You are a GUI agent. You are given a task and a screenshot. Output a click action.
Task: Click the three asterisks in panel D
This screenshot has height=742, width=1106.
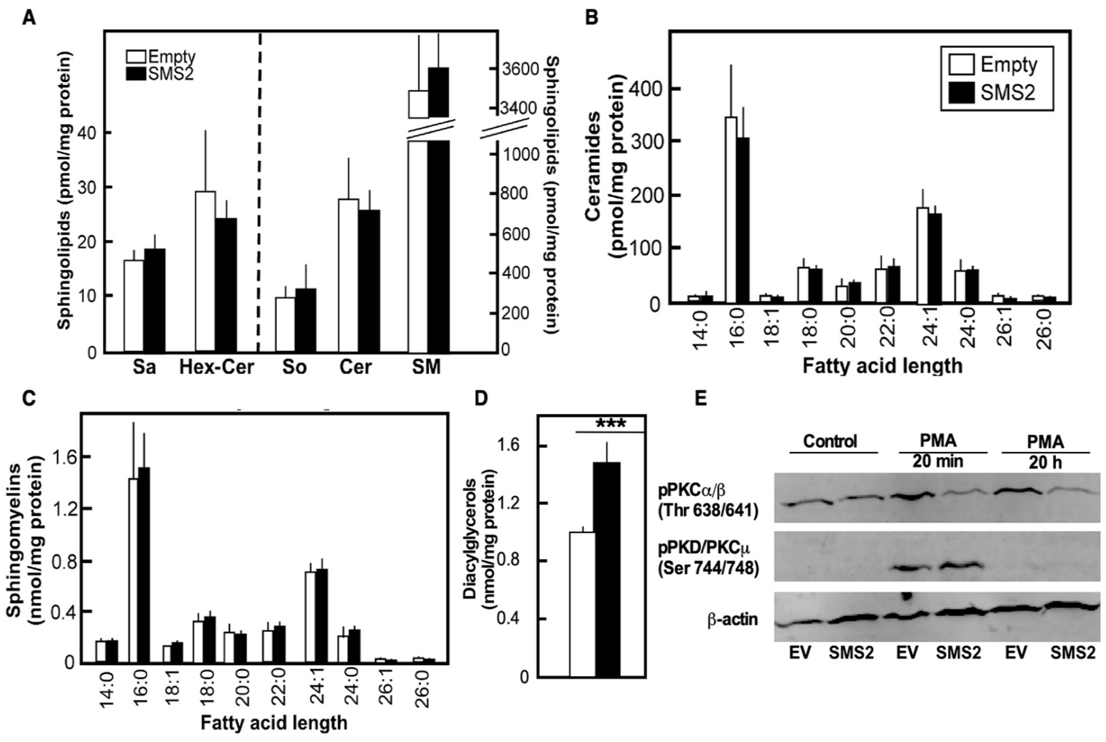tap(611, 423)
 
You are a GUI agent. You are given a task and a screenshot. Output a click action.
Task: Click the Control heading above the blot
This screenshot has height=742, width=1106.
tap(830, 441)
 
